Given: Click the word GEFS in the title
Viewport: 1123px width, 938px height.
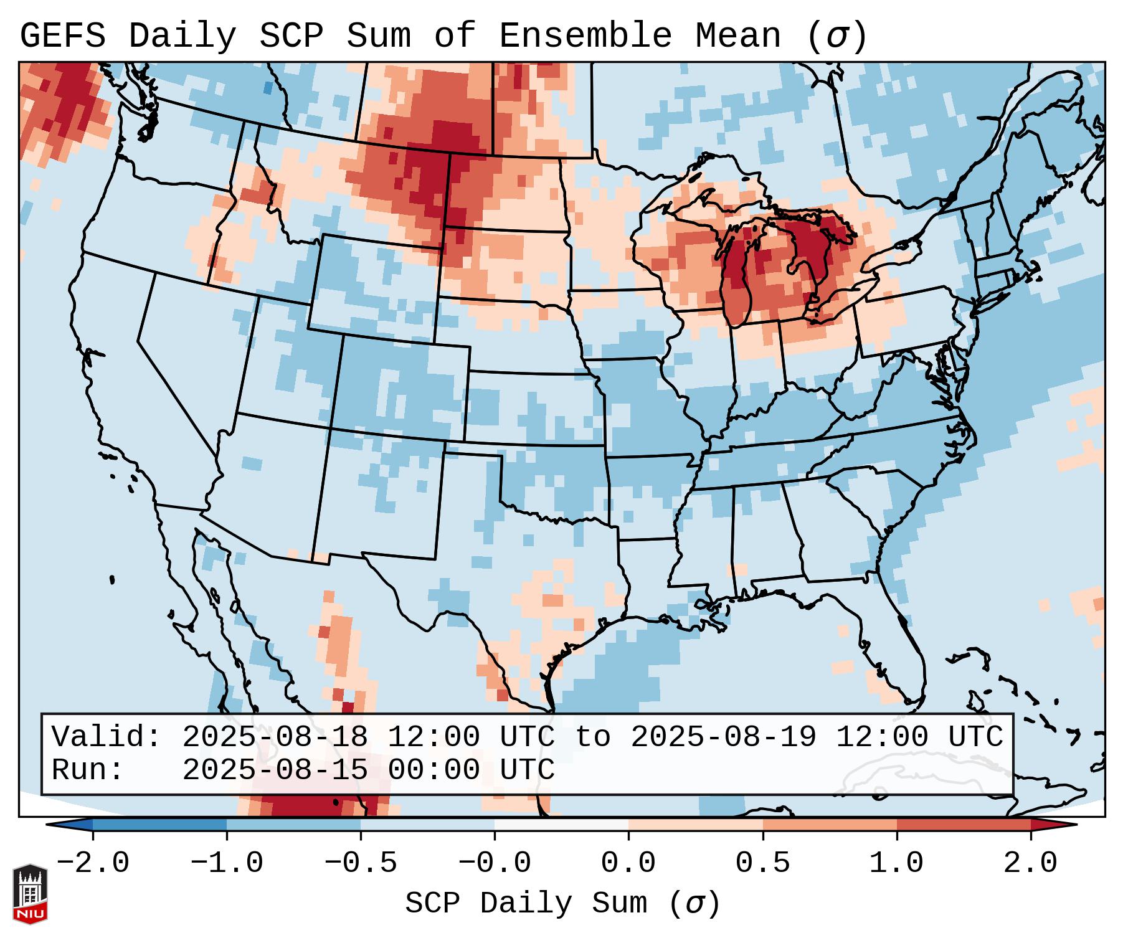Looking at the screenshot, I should pos(63,36).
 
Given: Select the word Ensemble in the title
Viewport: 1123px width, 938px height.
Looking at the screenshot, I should pos(585,36).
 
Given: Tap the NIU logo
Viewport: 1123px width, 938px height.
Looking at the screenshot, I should pos(30,894).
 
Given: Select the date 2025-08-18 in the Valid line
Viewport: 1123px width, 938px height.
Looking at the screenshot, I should pos(275,737).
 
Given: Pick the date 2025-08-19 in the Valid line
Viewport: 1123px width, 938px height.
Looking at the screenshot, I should pos(723,737).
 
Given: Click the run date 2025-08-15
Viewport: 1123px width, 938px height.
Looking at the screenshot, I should pos(275,770).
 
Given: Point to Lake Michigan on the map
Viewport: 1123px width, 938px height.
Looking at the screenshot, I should pos(737,274).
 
